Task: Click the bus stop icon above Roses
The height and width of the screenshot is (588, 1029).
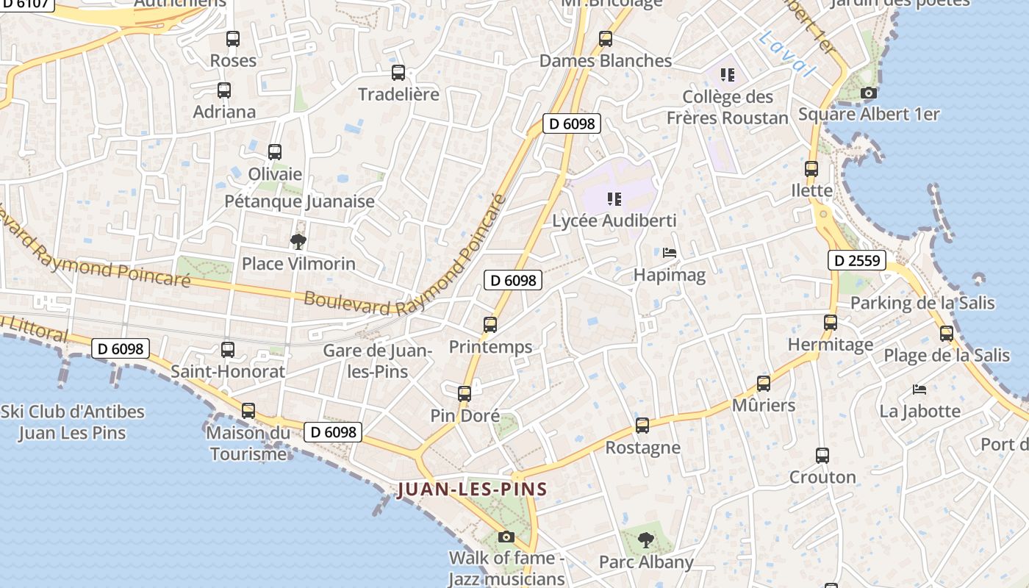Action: click(x=233, y=39)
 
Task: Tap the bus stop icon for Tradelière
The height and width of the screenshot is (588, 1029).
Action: click(x=398, y=73)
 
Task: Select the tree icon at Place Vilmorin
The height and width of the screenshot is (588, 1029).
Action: click(x=298, y=241)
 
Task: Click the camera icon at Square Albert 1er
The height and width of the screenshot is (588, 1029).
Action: click(x=869, y=93)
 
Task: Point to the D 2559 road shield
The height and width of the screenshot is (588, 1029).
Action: click(x=857, y=259)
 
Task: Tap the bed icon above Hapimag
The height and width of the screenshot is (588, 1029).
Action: click(x=670, y=253)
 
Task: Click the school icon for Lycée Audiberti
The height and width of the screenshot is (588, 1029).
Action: click(x=614, y=198)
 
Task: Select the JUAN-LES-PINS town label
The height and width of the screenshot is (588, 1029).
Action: click(x=473, y=490)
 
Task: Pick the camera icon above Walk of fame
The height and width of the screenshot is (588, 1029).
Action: click(x=506, y=537)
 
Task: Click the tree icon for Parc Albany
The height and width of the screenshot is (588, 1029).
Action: click(x=646, y=540)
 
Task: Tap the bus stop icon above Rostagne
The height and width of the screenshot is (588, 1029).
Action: click(x=642, y=426)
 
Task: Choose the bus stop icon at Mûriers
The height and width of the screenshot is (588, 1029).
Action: click(x=764, y=384)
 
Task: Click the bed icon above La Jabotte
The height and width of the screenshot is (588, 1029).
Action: click(x=919, y=389)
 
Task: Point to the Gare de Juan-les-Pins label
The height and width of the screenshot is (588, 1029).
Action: click(x=377, y=361)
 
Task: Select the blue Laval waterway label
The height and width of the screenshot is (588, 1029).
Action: click(x=788, y=53)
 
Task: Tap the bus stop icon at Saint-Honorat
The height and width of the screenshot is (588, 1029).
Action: click(x=228, y=350)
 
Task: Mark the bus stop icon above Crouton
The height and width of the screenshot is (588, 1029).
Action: click(x=822, y=456)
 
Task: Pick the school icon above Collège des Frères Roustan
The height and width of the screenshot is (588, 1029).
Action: click(x=728, y=75)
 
